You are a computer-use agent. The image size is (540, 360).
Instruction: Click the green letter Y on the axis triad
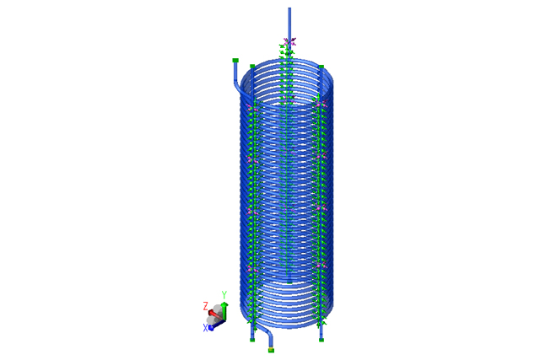click(x=224, y=295)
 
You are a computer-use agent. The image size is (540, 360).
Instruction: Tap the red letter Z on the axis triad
click(x=206, y=306)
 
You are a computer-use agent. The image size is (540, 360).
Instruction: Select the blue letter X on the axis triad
click(x=205, y=328)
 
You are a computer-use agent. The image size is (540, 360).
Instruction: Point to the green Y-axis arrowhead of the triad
click(x=224, y=304)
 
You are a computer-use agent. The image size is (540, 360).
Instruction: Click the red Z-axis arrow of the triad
click(x=215, y=314)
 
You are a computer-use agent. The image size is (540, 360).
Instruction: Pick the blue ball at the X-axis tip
click(x=211, y=328)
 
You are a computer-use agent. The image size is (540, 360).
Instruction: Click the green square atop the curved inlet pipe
click(x=235, y=60)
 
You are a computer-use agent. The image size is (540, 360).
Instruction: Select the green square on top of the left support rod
click(x=252, y=66)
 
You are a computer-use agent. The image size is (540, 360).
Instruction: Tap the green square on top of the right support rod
click(x=321, y=67)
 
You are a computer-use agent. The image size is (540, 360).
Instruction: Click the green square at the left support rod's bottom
click(x=252, y=340)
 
